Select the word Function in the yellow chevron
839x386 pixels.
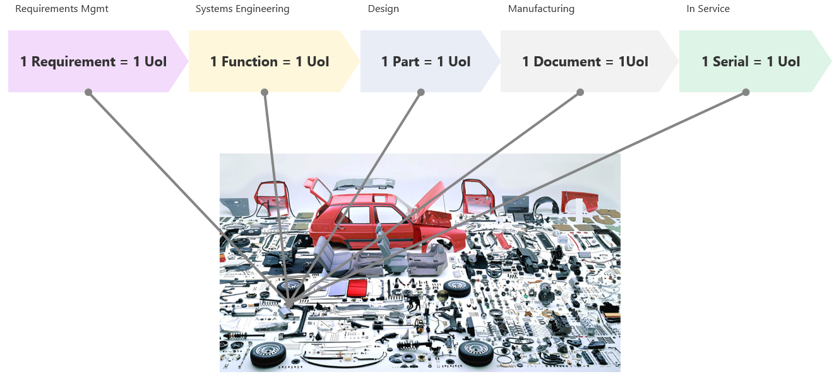249,62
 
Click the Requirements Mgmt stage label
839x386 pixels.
62,9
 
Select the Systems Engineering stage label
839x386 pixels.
242,9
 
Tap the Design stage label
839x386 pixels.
383,9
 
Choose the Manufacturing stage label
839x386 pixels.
541,9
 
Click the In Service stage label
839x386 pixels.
708,9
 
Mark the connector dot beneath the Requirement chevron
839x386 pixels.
88,92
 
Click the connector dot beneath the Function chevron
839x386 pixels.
265,92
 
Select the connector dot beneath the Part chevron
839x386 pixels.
421,92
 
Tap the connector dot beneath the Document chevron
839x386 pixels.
580,92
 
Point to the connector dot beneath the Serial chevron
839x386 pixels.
746,92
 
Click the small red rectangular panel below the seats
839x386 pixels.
357,287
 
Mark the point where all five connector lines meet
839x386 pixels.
289,304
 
